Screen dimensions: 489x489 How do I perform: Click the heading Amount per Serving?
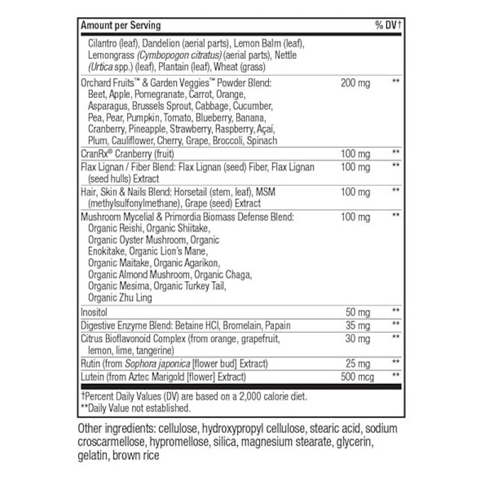pos(120,26)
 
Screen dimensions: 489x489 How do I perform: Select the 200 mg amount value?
pos(355,83)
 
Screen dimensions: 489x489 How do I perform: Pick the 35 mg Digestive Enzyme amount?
pos(357,325)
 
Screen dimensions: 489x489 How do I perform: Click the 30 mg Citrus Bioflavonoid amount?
pos(357,337)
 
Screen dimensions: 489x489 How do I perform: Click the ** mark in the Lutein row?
pos(395,375)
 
